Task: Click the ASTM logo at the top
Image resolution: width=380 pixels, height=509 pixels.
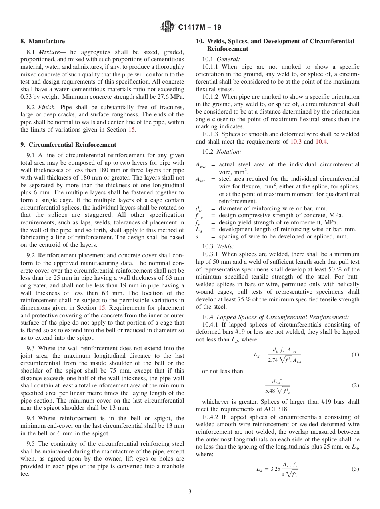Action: (167, 27)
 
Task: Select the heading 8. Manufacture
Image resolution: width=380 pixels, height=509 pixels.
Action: (43, 41)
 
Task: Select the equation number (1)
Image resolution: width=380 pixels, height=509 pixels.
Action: (355, 355)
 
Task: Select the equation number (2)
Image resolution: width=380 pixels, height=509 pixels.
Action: (355, 385)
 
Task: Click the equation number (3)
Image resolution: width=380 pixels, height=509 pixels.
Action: (355, 469)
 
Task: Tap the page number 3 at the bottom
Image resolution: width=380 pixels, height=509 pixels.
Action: (190, 491)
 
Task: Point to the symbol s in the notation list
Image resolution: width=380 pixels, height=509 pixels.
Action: (197, 236)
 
